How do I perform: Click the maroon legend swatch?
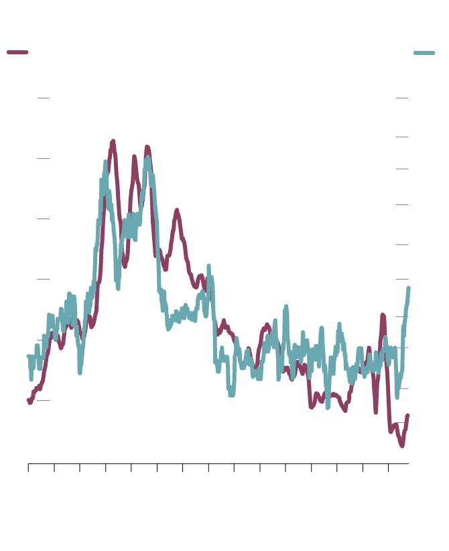(17, 52)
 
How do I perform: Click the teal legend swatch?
(424, 52)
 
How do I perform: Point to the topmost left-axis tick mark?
(43, 98)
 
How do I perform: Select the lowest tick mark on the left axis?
(43, 400)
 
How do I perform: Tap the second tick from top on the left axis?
(43, 158)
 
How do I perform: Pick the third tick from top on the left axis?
(43, 219)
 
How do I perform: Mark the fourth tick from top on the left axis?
(43, 278)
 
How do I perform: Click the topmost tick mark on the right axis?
(402, 98)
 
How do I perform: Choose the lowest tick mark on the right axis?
(402, 423)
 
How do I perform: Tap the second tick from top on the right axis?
(402, 137)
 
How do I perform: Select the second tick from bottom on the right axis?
(402, 388)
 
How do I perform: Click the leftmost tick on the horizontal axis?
(28, 467)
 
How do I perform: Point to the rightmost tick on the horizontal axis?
(389, 467)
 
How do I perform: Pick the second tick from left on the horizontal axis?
(54, 467)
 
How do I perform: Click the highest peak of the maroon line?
(113, 141)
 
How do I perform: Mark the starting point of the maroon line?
(29, 401)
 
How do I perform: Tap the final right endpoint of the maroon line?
(407, 416)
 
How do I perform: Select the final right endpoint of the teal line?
(409, 288)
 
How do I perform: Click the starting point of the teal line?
(29, 357)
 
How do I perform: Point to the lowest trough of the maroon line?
(402, 446)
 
